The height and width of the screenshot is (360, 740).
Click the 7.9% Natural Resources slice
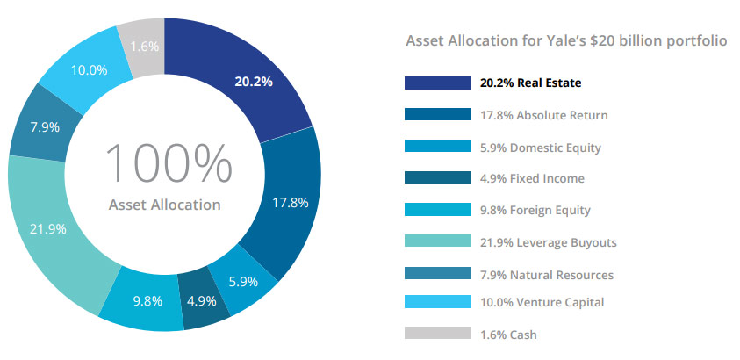(44, 128)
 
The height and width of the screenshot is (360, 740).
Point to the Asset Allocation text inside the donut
(164, 205)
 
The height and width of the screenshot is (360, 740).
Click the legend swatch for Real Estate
(436, 83)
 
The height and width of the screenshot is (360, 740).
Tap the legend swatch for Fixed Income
(436, 178)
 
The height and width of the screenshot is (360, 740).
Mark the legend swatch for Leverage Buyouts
(436, 242)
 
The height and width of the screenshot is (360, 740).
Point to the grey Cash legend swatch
(436, 334)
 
